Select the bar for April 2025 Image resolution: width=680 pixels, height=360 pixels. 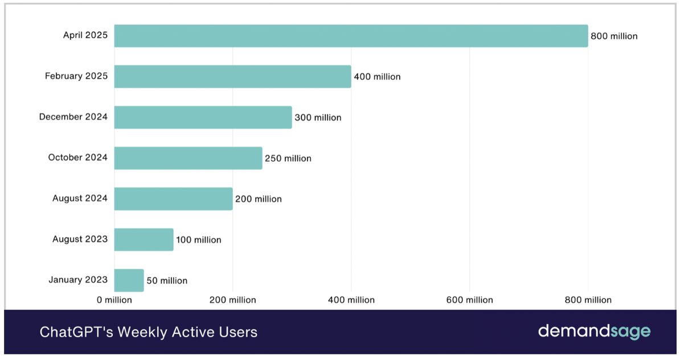tap(351, 36)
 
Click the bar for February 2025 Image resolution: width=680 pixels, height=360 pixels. tap(232, 76)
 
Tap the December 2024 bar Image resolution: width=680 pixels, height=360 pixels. tap(203, 117)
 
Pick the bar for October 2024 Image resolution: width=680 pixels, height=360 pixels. tap(188, 158)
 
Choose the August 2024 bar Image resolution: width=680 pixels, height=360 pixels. tap(173, 199)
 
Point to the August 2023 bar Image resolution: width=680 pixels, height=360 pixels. tap(144, 239)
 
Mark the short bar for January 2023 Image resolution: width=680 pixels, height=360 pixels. tap(129, 280)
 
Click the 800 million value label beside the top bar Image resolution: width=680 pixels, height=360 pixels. tap(614, 36)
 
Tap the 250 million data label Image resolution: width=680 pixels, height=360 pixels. tap(288, 158)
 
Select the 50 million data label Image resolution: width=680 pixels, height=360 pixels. tap(167, 280)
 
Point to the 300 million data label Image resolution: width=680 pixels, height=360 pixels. tap(318, 117)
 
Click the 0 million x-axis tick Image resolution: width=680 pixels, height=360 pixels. tap(114, 300)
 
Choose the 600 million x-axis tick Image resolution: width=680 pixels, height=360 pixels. tap(470, 300)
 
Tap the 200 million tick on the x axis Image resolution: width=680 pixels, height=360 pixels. tap(232, 300)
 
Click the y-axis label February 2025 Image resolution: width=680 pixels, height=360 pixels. tap(76, 76)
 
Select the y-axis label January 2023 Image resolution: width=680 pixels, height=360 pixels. tap(78, 280)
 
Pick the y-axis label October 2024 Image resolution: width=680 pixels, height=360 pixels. tap(77, 157)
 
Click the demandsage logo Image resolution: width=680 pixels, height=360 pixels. tap(594, 332)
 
